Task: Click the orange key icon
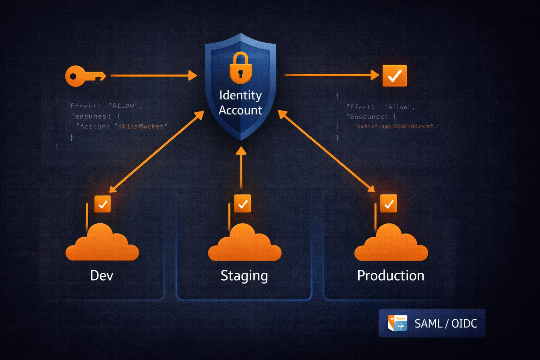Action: (85, 76)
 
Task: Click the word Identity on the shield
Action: (240, 95)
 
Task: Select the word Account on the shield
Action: (240, 110)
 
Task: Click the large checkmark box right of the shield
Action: (394, 76)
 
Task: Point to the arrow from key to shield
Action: (153, 75)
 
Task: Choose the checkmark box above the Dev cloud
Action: (103, 204)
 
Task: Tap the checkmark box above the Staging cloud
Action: (243, 204)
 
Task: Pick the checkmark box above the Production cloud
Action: (388, 204)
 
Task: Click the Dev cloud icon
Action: (102, 244)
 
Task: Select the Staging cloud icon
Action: (245, 244)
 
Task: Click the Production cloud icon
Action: (391, 244)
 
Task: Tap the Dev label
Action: (102, 276)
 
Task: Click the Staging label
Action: (244, 276)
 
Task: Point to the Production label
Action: (391, 276)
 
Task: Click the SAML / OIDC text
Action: (445, 323)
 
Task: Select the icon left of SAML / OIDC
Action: (397, 323)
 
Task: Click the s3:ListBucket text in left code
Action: (141, 127)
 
